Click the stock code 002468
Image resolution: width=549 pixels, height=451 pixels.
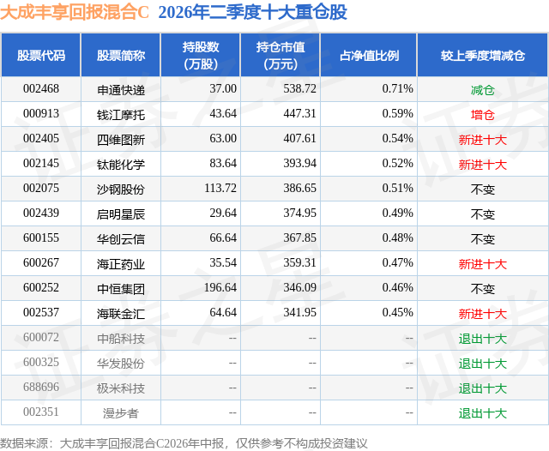(x=41, y=89)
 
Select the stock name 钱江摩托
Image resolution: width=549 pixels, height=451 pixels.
(x=121, y=115)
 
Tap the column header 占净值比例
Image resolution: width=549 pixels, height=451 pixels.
(x=369, y=55)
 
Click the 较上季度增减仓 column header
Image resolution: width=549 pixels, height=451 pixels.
(x=483, y=55)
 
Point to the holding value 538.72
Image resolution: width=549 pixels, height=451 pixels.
(x=299, y=89)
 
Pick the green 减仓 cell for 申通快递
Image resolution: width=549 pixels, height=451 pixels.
(x=483, y=90)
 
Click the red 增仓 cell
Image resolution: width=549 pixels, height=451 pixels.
(x=483, y=115)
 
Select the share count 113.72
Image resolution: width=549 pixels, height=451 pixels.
(x=220, y=189)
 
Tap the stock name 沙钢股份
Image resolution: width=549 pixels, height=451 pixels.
(x=121, y=189)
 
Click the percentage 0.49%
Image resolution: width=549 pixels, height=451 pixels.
(x=398, y=213)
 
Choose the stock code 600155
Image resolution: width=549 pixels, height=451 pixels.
(x=41, y=238)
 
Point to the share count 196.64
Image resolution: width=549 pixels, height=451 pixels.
(x=220, y=287)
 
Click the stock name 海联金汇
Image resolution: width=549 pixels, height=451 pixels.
(x=121, y=314)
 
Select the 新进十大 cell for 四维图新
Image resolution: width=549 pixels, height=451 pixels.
(x=483, y=140)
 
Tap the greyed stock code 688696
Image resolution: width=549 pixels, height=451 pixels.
(x=41, y=387)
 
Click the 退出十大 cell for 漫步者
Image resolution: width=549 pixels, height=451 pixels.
(x=483, y=413)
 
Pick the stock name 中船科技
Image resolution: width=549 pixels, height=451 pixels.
(x=121, y=339)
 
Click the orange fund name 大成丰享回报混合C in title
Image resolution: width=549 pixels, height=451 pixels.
(x=75, y=12)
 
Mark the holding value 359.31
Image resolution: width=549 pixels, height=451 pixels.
(x=299, y=262)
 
